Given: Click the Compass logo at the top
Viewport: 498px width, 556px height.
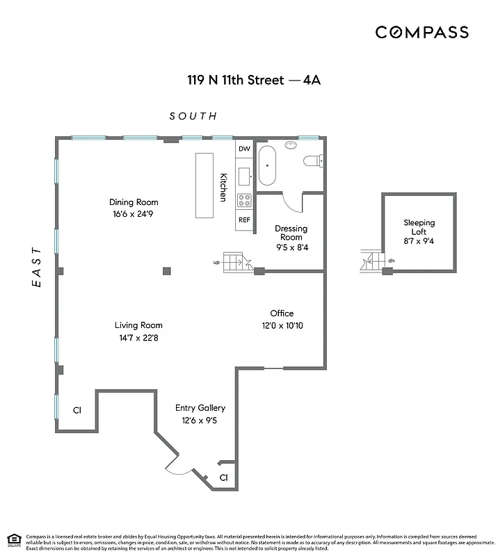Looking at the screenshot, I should pos(421,32).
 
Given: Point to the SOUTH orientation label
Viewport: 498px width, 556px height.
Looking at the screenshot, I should pos(193,116).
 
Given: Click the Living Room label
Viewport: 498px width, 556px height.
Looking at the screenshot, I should pos(138,325).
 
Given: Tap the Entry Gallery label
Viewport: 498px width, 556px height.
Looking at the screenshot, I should pos(200,408).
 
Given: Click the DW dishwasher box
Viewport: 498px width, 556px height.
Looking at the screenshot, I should pos(244,149).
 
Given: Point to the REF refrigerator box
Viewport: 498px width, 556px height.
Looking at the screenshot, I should pos(244,220).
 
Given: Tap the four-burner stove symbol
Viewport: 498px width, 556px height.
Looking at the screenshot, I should pos(244,201).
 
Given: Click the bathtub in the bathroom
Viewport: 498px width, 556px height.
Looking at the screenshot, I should pos(268,165).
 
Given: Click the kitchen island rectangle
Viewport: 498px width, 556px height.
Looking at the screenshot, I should pos(205,186).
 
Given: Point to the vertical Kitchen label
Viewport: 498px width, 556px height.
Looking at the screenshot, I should pos(223,187).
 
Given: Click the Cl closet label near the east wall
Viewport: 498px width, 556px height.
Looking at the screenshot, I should pos(77,410).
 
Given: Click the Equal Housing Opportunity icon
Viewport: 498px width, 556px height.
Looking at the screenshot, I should pos(13,540).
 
